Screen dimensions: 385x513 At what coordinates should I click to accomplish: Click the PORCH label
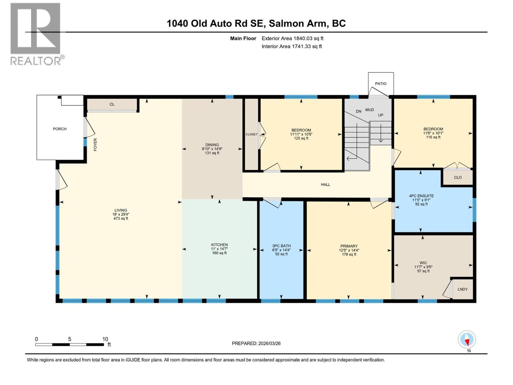pos(60,129)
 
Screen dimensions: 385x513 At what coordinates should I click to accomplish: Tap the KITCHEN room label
pos(219,245)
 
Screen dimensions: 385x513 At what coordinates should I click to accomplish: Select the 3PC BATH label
pos(281,246)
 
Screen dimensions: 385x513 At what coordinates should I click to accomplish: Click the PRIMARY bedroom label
pos(349,246)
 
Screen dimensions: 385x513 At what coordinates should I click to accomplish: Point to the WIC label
pos(423,263)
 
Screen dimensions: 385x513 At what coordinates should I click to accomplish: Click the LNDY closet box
pos(462,289)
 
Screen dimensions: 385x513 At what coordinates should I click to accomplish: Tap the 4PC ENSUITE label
pos(421,196)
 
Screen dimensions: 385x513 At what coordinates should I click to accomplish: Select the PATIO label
pos(381,84)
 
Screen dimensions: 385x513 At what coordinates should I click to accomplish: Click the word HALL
pos(325,184)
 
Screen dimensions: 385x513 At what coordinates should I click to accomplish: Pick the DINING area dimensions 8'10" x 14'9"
pos(212,149)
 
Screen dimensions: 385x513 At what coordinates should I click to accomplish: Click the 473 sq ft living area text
pos(121,218)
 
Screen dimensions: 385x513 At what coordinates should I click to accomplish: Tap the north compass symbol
pos(467,340)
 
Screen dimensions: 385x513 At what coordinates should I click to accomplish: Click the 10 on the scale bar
pos(105,339)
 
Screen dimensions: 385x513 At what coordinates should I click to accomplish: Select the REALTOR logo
pos(36,34)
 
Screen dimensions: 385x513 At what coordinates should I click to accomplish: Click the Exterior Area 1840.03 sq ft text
pos(292,38)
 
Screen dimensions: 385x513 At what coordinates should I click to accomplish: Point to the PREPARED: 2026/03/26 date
pos(256,343)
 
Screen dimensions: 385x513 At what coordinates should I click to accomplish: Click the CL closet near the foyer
pos(112,104)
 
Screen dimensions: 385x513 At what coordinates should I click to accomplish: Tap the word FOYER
pos(95,145)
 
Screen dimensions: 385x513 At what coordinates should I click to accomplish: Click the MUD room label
pos(369,110)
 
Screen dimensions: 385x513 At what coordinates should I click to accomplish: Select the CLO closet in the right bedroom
pos(458,177)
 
